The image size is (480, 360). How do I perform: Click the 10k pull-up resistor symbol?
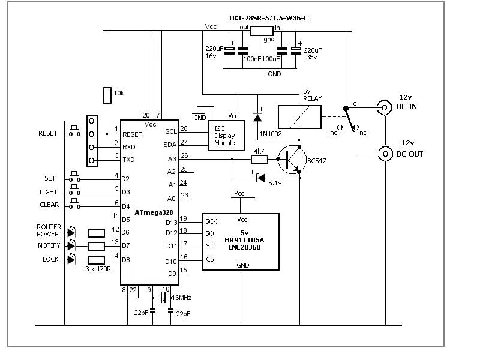pyautogui.click(x=107, y=95)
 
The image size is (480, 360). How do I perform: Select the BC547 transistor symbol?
pyautogui.click(x=292, y=160)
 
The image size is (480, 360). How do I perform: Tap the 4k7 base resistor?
pyautogui.click(x=259, y=159)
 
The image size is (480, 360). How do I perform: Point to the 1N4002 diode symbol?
pyautogui.click(x=257, y=117)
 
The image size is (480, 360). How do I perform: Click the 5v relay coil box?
pyautogui.click(x=299, y=117)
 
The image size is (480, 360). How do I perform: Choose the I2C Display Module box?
pyautogui.click(x=226, y=136)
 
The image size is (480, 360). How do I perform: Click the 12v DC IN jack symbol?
pyautogui.click(x=384, y=107)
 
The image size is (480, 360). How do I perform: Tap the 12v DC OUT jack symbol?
pyautogui.click(x=385, y=154)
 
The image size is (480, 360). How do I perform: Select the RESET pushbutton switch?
pyautogui.click(x=74, y=131)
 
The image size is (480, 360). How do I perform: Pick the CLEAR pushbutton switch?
pyautogui.click(x=74, y=204)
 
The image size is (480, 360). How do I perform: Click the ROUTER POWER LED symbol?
pyautogui.click(x=71, y=232)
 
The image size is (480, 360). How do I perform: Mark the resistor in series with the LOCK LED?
pyautogui.click(x=96, y=260)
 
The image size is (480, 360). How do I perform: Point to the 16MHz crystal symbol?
pyautogui.click(x=163, y=297)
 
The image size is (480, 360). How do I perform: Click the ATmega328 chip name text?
pyautogui.click(x=154, y=212)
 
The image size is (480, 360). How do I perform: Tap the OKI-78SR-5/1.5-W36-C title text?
pyautogui.click(x=268, y=19)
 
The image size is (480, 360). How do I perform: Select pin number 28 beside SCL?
pyautogui.click(x=184, y=128)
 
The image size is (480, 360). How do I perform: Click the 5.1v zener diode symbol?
pyautogui.click(x=260, y=178)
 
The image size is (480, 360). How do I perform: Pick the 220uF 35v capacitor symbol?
pyautogui.click(x=296, y=50)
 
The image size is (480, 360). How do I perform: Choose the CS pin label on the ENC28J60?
pyautogui.click(x=209, y=259)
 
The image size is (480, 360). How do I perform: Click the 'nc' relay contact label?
pyautogui.click(x=363, y=133)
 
